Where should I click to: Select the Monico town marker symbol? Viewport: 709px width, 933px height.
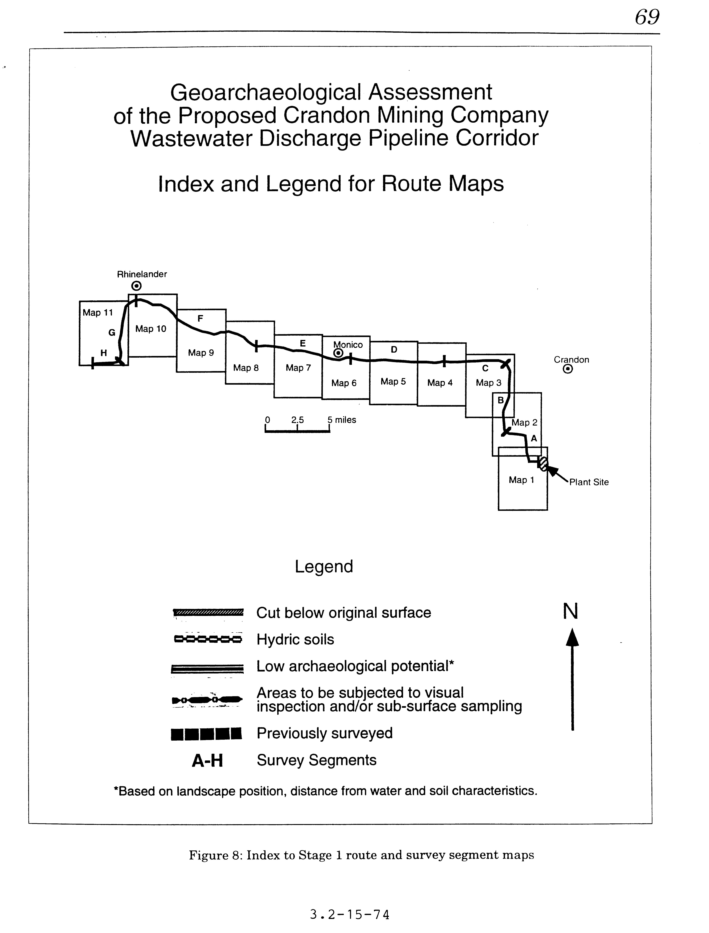click(x=338, y=353)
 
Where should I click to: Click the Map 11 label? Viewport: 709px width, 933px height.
click(x=97, y=313)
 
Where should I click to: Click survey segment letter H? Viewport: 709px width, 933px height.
click(x=103, y=353)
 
